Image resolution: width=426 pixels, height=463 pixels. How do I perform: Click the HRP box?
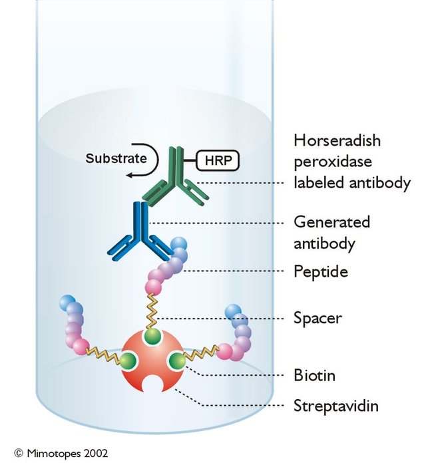(218, 160)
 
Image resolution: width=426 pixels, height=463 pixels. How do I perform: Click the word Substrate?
(116, 158)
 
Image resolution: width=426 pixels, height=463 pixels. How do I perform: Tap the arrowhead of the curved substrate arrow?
(129, 176)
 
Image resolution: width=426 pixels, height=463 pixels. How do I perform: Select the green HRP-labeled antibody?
(176, 177)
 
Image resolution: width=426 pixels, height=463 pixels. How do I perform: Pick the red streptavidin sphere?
(152, 361)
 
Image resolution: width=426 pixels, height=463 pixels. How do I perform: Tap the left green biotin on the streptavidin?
(128, 361)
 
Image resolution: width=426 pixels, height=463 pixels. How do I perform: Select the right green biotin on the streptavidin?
(177, 361)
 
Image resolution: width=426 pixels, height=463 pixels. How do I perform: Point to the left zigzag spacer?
(103, 355)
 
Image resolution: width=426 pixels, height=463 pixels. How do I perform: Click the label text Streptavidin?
(336, 405)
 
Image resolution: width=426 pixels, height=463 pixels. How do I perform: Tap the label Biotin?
(314, 375)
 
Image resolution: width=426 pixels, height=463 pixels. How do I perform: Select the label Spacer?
(318, 319)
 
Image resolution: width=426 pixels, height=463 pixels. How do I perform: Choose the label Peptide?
(321, 271)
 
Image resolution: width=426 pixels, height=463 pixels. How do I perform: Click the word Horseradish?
(337, 140)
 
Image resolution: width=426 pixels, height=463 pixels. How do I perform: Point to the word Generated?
(331, 222)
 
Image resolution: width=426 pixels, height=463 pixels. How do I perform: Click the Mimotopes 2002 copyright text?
(61, 453)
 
